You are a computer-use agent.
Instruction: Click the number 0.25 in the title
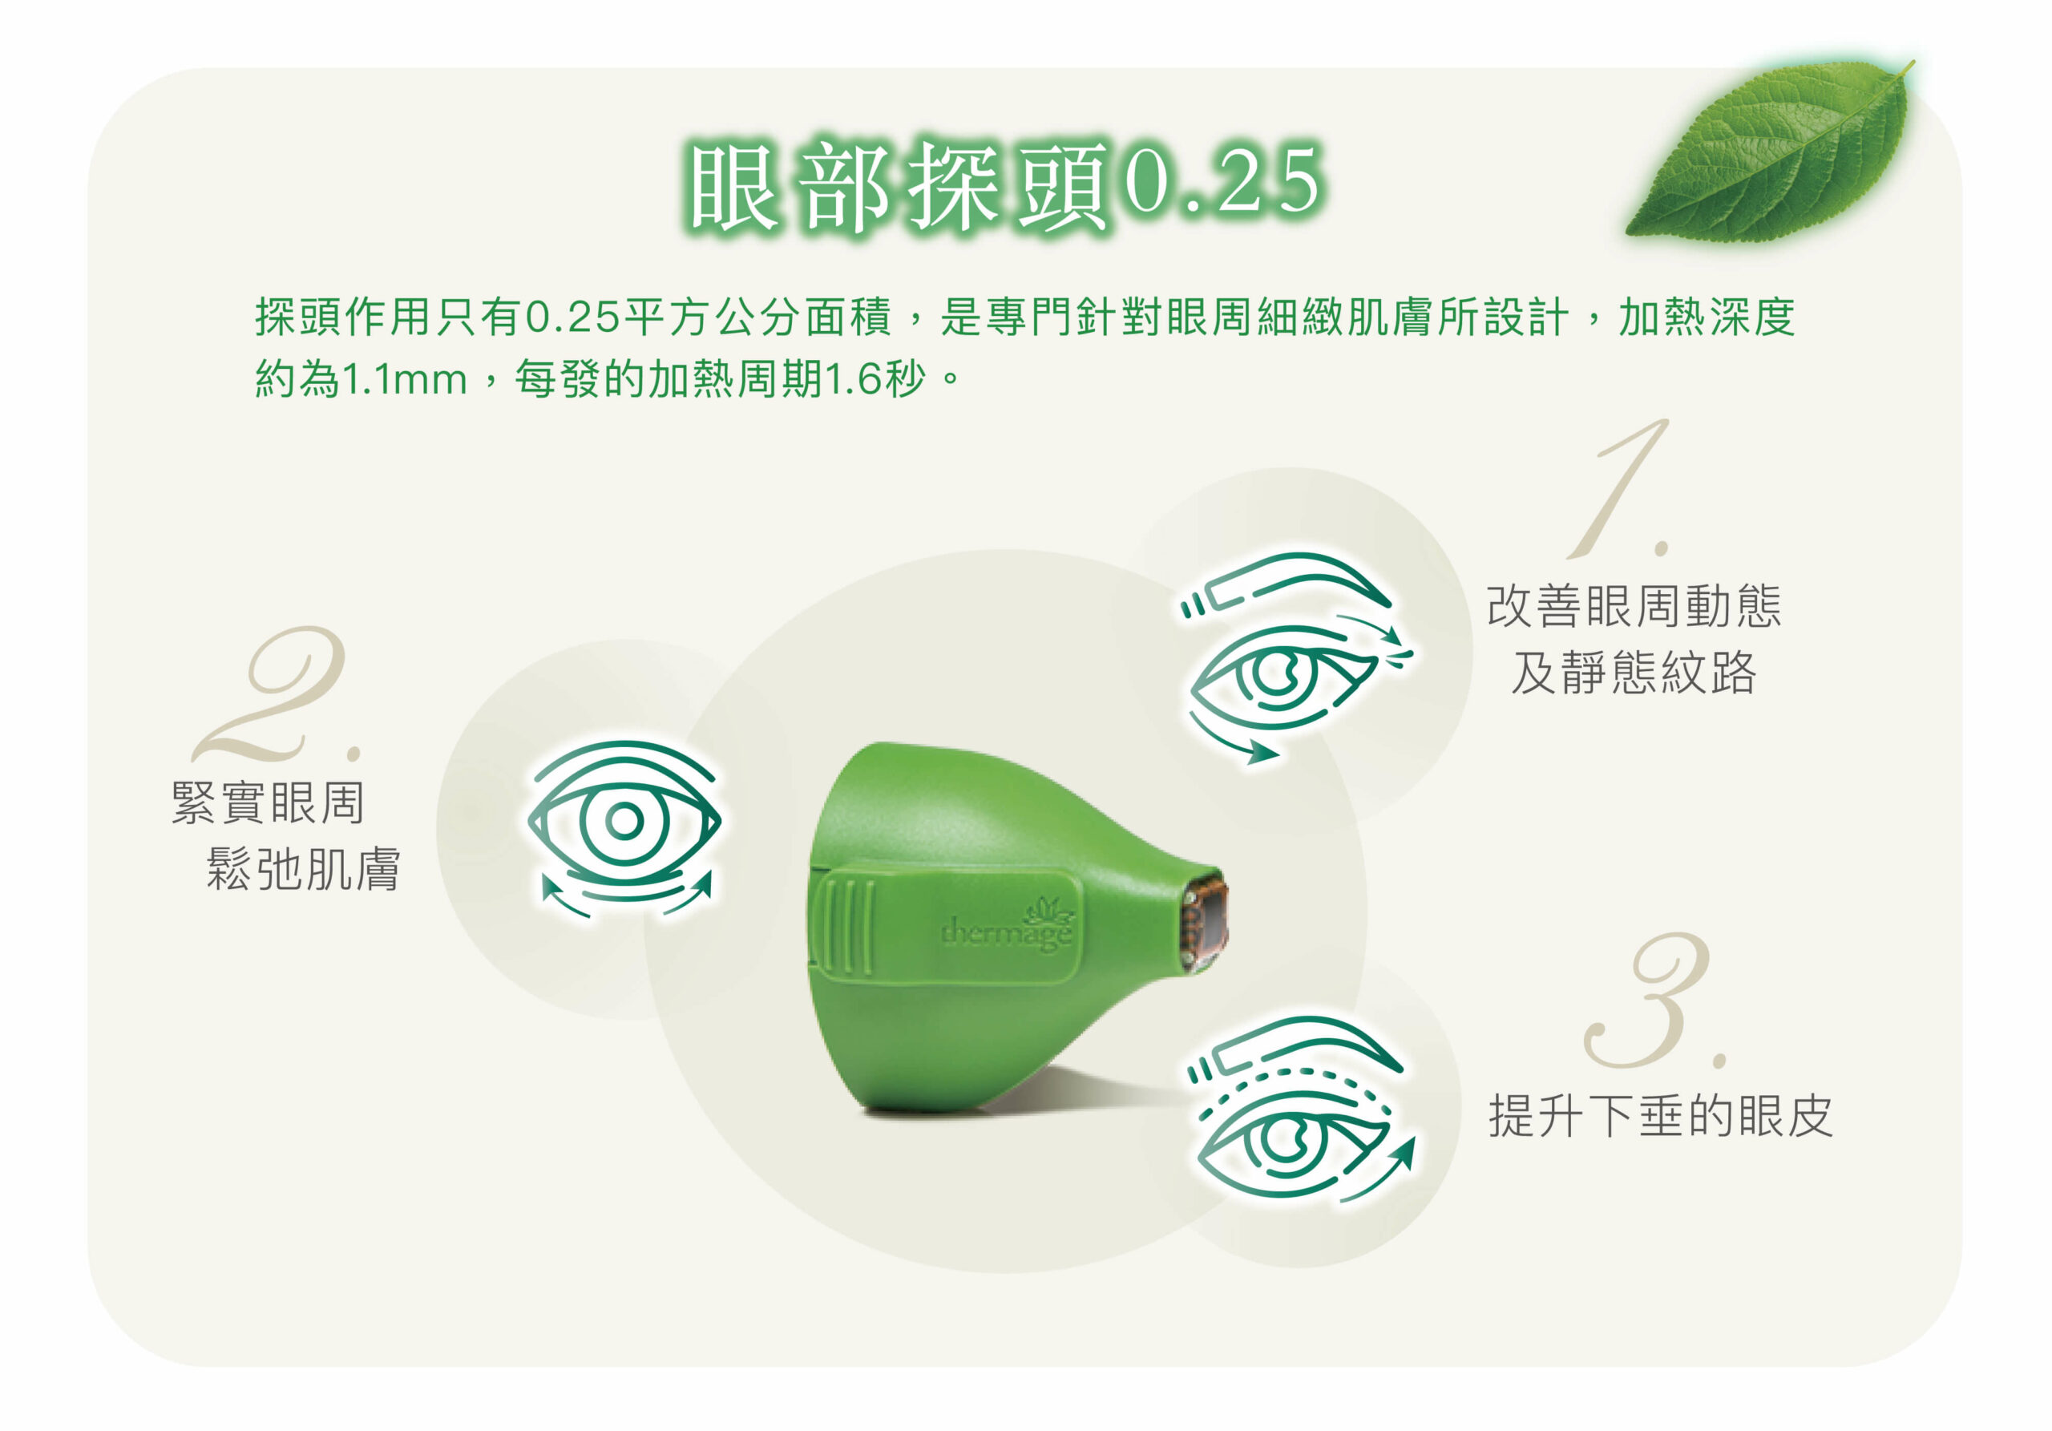click(x=1222, y=181)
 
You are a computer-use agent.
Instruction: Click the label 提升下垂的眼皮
click(x=1661, y=1117)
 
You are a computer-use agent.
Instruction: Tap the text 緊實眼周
click(x=268, y=802)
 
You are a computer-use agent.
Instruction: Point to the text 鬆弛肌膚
click(x=304, y=869)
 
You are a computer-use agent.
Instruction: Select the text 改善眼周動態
click(x=1634, y=606)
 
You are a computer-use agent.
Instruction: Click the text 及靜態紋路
click(x=1634, y=672)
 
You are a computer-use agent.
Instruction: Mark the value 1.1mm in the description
click(x=405, y=380)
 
